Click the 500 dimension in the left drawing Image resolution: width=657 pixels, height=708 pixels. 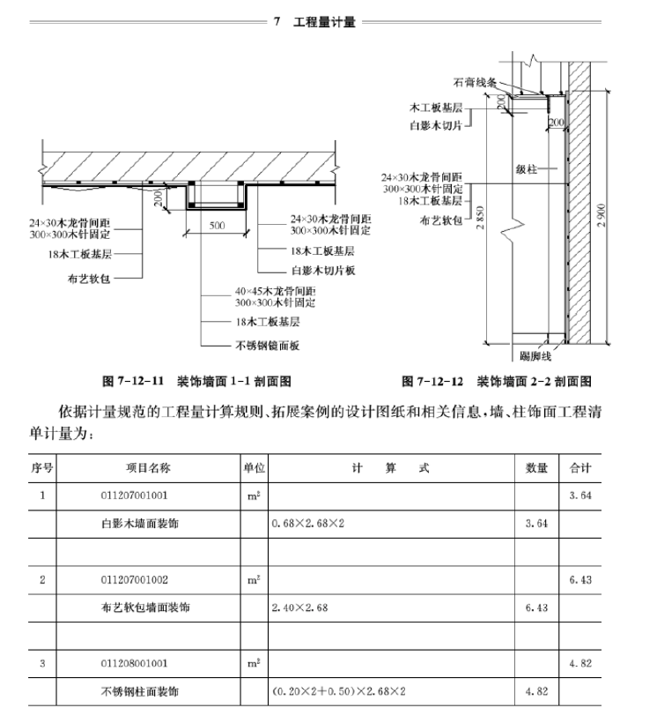click(217, 225)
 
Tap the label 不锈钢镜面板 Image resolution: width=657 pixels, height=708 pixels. click(268, 346)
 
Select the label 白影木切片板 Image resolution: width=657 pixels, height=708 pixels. click(322, 271)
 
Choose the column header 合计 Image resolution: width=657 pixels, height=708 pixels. click(580, 467)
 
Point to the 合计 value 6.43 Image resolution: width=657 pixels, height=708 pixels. click(579, 579)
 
